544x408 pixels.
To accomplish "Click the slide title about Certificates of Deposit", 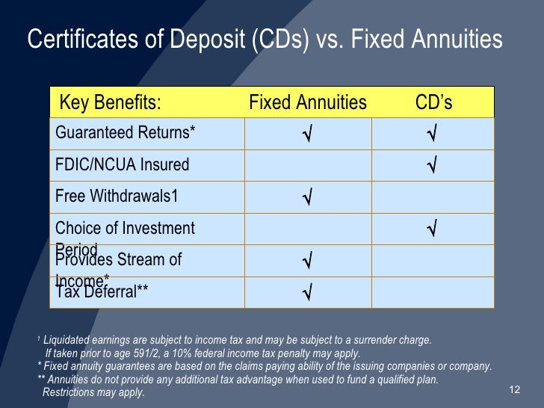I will (265, 40).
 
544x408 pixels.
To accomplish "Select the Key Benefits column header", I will (110, 102).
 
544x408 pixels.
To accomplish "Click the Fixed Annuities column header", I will (307, 102).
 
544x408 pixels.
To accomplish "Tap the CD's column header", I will (433, 102).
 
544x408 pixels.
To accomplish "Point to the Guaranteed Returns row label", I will (125, 133).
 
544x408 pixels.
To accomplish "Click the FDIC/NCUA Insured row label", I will (122, 164).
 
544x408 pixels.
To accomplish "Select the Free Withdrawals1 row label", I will (117, 197).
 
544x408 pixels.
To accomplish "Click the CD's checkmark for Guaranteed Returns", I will (432, 135).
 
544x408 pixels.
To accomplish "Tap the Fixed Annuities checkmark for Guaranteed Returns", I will (307, 135).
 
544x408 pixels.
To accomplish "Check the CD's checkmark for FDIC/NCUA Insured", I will (432, 165).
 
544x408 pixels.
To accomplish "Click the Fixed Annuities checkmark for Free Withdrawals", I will (307, 198).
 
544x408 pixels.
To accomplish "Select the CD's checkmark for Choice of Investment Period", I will (432, 229).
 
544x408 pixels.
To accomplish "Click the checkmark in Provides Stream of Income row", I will (307, 262).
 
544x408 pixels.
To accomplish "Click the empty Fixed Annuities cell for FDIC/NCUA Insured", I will (307, 165).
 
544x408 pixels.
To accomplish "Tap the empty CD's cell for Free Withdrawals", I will (432, 197).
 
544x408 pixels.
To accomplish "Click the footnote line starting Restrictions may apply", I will (93, 392).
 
